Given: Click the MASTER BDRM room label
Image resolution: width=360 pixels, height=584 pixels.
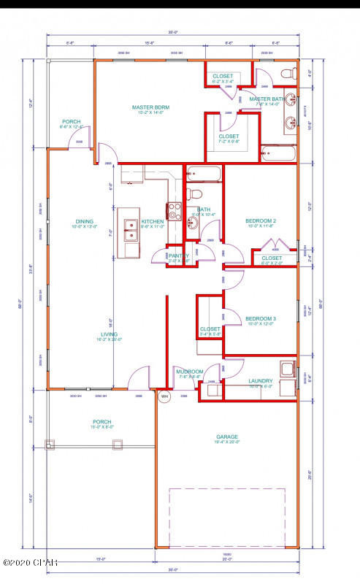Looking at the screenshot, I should [x=150, y=107].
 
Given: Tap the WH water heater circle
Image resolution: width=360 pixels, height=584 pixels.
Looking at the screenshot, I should [x=164, y=397].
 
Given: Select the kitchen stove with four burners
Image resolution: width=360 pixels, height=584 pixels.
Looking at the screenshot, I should [x=175, y=212].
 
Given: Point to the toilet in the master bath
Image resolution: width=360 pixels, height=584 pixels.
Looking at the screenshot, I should [x=288, y=74].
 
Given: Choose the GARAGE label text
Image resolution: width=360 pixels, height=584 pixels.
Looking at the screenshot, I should [x=226, y=437].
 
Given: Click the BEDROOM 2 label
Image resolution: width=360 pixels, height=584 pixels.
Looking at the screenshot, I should [x=260, y=220].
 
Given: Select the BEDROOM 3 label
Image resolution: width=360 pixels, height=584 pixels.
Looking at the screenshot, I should [x=260, y=319].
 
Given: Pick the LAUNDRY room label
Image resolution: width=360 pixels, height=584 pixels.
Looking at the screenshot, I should [x=260, y=380].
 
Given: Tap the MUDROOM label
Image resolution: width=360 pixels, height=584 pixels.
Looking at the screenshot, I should [x=190, y=372].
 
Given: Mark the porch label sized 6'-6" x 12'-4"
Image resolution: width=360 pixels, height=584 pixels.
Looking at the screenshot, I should [x=72, y=122].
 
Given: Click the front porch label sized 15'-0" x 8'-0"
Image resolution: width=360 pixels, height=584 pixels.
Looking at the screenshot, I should [x=102, y=421].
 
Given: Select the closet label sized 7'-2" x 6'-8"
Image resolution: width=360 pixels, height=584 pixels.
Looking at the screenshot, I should [x=229, y=137].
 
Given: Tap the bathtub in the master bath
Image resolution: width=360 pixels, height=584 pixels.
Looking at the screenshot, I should [x=278, y=154].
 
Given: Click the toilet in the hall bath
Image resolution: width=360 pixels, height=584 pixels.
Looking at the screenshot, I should [x=194, y=195].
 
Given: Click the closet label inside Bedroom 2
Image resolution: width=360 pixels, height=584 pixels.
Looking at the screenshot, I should [x=272, y=258].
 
